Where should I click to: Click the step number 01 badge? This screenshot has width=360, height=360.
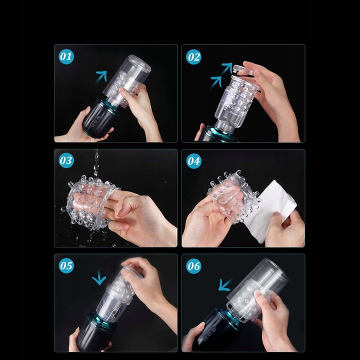(x=66, y=56)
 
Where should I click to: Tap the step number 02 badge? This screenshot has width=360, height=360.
(x=194, y=57)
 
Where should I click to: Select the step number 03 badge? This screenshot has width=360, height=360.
(x=66, y=160)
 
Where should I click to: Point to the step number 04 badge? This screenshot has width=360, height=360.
(x=194, y=161)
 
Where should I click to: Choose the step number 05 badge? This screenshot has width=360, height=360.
(x=66, y=265)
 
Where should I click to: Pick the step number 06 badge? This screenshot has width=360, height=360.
(x=194, y=266)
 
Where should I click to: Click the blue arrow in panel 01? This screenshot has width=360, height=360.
(x=101, y=76)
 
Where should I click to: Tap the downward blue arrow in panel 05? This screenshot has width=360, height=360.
(x=99, y=277)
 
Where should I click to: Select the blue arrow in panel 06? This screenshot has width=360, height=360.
(x=225, y=284)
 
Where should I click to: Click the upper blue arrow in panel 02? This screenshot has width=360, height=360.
(x=227, y=68)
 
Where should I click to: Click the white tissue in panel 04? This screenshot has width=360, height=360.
(x=270, y=211)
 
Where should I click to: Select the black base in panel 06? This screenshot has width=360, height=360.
(x=216, y=329)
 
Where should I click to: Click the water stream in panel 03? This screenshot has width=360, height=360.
(x=96, y=163)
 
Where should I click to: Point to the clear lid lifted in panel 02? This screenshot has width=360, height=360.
(x=245, y=70)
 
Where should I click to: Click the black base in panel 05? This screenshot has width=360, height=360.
(x=96, y=332)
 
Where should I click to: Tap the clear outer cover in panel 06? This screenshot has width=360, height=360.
(x=257, y=289)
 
